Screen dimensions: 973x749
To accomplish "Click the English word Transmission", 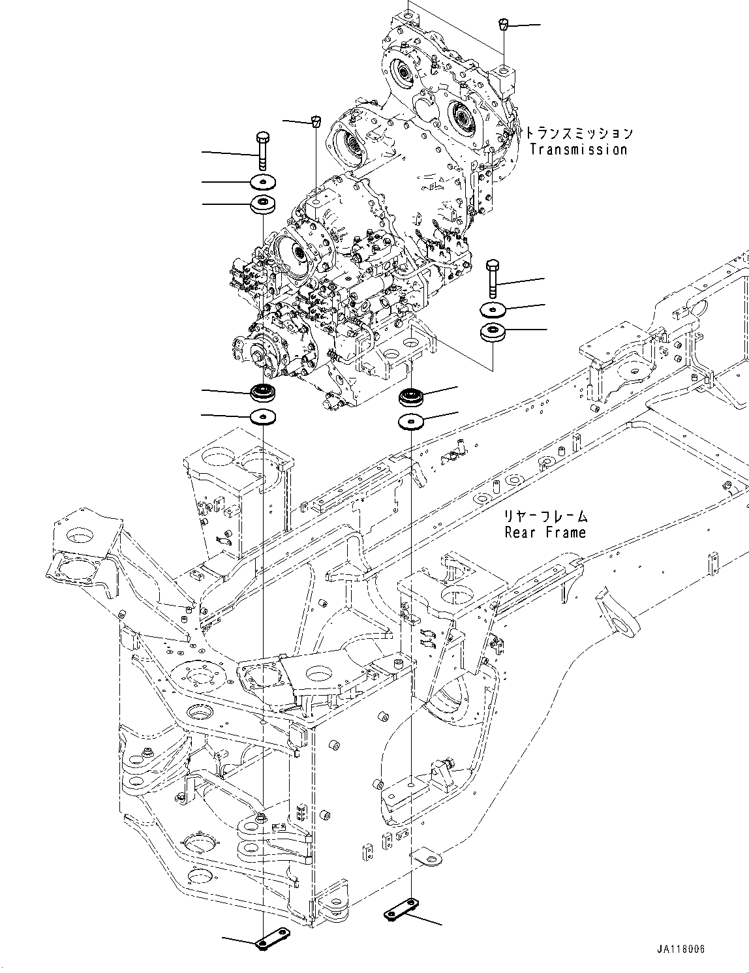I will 578,149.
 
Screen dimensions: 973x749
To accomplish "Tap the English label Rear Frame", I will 545,533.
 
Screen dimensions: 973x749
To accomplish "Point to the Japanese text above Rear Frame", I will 545,516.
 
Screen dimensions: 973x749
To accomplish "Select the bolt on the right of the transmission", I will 493,277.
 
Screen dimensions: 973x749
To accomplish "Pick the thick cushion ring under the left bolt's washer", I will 263,204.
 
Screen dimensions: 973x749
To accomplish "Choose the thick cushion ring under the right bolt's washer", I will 493,332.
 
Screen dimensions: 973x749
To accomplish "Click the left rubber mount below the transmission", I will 264,393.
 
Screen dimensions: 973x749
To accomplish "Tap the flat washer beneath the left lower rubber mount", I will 264,416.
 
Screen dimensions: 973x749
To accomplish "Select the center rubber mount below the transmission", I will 411,396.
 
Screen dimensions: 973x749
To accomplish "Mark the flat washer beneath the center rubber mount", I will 411,422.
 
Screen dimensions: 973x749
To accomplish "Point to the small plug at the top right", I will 503,25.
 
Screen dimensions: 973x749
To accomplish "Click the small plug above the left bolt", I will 316,120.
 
